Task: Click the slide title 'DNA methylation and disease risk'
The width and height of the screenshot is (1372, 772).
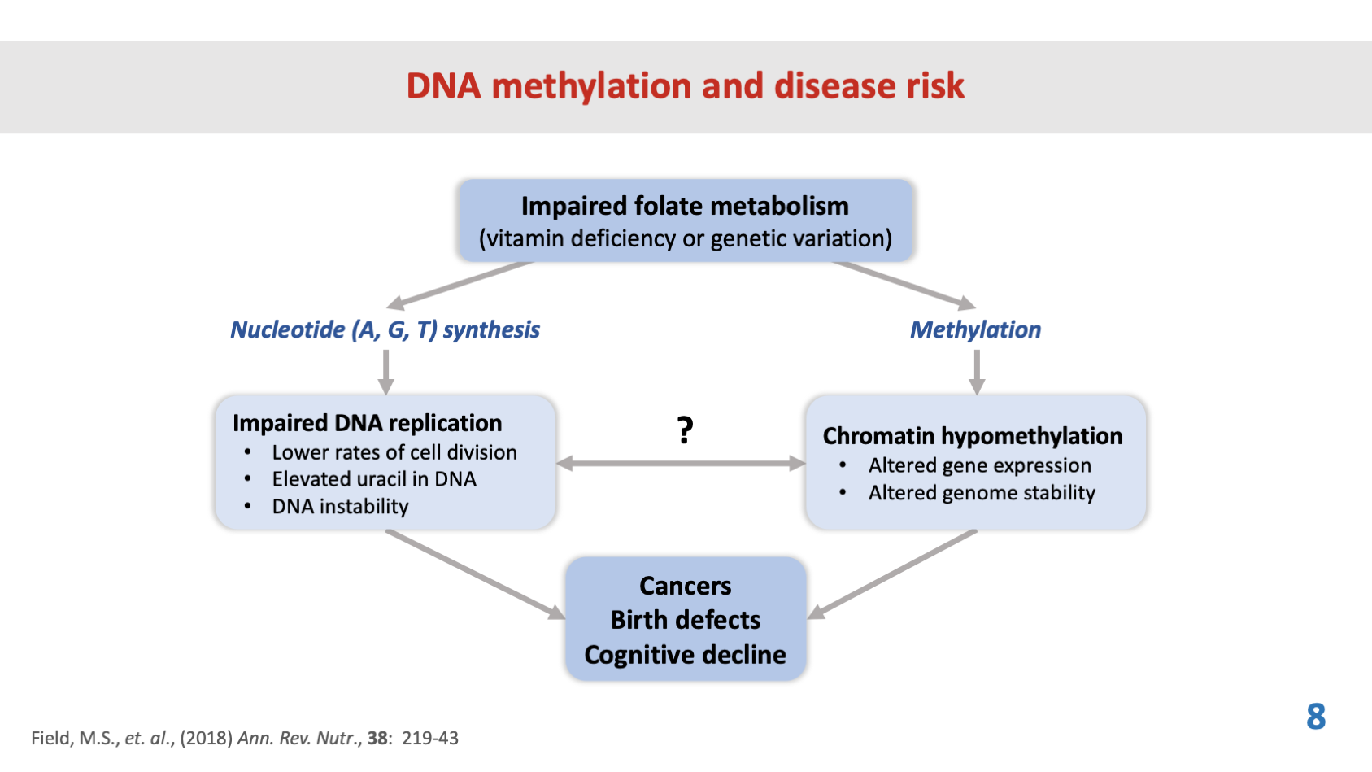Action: pyautogui.click(x=685, y=86)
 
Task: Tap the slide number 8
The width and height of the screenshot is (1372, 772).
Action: pyautogui.click(x=1316, y=717)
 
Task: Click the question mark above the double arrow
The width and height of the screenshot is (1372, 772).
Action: pyautogui.click(x=686, y=429)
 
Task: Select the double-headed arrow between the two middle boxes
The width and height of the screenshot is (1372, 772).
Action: pyautogui.click(x=681, y=464)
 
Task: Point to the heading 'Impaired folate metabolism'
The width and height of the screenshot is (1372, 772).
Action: pyautogui.click(x=685, y=206)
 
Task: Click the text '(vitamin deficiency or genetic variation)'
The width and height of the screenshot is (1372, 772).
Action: pyautogui.click(x=685, y=238)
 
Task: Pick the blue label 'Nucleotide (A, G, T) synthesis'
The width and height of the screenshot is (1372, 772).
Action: pyautogui.click(x=385, y=329)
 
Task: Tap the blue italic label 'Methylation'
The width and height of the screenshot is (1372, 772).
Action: pyautogui.click(x=975, y=329)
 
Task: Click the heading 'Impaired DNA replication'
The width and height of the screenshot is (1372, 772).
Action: pyautogui.click(x=367, y=423)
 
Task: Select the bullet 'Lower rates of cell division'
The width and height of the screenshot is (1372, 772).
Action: pyautogui.click(x=394, y=452)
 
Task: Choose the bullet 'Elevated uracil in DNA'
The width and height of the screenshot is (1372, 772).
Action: pyautogui.click(x=374, y=479)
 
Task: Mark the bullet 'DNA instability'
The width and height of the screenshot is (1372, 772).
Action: pyautogui.click(x=340, y=507)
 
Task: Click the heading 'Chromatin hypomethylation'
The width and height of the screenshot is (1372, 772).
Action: pyautogui.click(x=972, y=436)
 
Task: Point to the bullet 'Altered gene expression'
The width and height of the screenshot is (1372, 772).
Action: pyautogui.click(x=979, y=465)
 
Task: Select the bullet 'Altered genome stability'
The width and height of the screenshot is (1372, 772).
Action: pyautogui.click(x=982, y=493)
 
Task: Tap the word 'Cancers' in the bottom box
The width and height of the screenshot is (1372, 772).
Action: pyautogui.click(x=685, y=586)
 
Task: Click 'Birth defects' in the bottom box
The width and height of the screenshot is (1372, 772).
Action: pyautogui.click(x=685, y=620)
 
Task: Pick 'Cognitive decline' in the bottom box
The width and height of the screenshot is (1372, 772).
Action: pyautogui.click(x=685, y=655)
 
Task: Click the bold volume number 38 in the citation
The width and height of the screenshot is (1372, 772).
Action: pyautogui.click(x=377, y=738)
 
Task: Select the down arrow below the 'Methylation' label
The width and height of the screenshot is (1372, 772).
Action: pyautogui.click(x=977, y=372)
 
